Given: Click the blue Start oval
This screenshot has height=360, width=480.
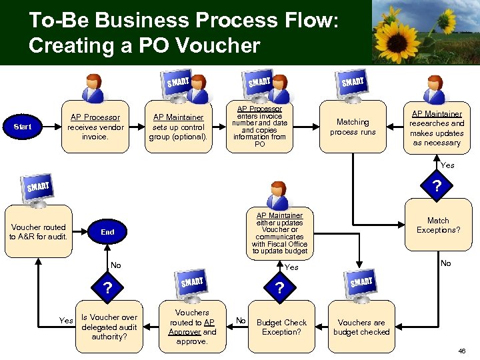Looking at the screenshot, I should tap(23, 126).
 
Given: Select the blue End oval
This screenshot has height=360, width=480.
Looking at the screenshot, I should tap(107, 232).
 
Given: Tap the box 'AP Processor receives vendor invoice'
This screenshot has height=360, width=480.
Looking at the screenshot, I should tap(95, 127).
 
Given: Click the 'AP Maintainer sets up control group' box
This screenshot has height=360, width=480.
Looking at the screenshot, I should tap(179, 127).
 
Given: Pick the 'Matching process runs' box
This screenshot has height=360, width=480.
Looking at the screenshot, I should tap(353, 127).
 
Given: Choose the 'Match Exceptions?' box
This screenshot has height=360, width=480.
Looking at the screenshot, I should tap(438, 225).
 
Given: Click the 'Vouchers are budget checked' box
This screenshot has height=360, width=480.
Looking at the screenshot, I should tap(361, 327).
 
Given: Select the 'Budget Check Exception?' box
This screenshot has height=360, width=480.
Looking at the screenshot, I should tap(281, 327).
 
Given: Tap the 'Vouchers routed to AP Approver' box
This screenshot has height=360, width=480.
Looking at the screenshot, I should tap(192, 327).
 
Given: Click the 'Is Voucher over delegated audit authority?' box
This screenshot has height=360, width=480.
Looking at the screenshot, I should tap(109, 327).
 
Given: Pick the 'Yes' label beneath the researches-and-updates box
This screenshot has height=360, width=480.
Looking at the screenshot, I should tap(447, 165).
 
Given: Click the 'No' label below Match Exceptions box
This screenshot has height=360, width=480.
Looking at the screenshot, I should tap(445, 263).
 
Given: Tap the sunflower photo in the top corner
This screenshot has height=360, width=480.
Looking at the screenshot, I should tap(425, 32).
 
